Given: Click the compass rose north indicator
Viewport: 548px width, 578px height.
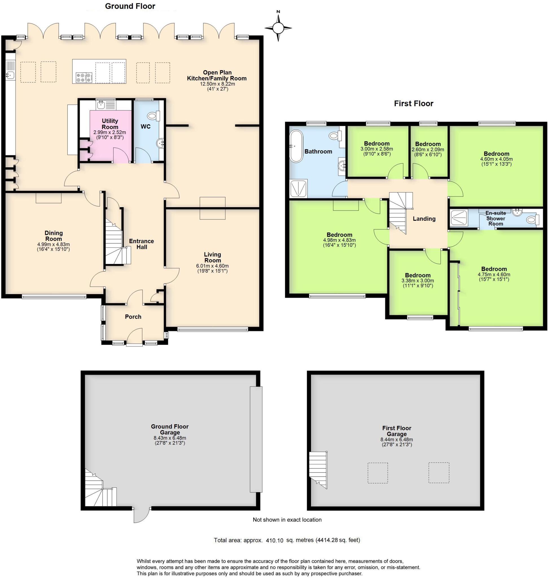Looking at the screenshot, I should tap(278, 28).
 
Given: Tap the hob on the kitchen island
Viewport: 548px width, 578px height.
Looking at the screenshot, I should tap(84, 77).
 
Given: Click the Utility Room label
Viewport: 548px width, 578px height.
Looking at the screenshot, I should tap(110, 124).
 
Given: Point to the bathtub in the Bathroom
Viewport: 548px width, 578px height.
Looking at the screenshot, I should tap(296, 146).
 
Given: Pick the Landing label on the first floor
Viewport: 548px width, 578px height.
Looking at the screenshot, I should tap(424, 218).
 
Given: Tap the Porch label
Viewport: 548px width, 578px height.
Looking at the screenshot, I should tap(133, 317).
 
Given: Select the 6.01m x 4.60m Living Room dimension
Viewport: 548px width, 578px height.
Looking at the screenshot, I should tap(212, 266).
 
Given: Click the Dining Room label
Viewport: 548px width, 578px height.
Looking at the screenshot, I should tap(53, 236).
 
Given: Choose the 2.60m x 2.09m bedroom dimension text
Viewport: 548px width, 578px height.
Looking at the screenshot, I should tap(428, 150).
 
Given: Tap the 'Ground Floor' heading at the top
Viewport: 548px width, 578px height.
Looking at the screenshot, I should tap(130, 6).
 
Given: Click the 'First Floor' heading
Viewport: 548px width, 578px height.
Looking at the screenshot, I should tap(413, 104).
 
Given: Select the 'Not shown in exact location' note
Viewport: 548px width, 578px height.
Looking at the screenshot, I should tap(287, 520).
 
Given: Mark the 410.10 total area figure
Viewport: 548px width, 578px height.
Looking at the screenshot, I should tap(274, 540).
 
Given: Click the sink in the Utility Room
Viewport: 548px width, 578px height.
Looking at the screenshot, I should tap(101, 104).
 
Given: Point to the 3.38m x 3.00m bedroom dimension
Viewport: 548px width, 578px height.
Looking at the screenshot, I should tap(417, 281).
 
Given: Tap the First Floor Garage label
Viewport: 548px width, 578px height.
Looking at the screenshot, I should tap(396, 431).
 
